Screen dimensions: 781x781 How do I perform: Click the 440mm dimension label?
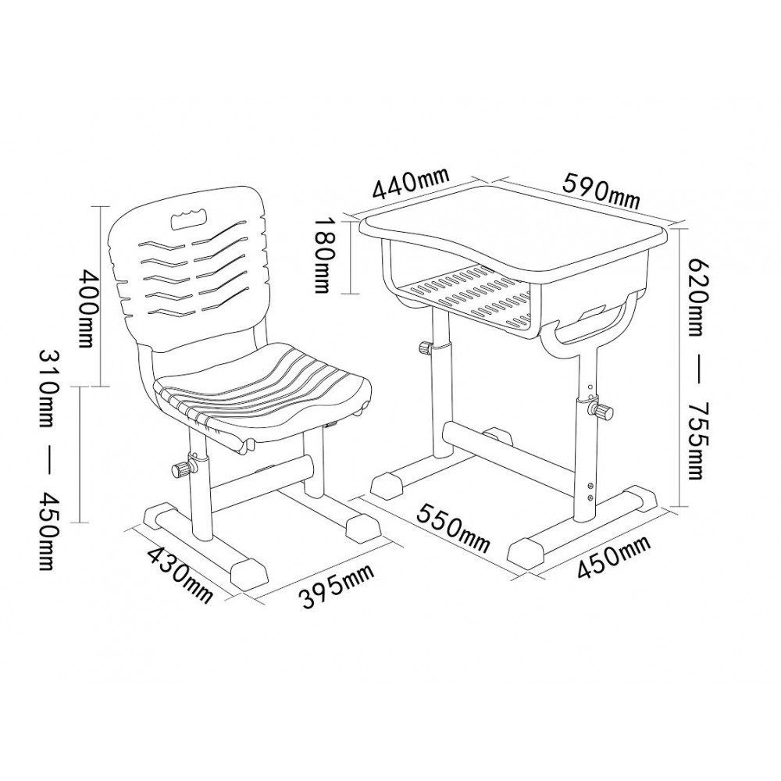coord(412,183)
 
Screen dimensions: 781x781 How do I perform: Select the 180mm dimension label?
coord(324,254)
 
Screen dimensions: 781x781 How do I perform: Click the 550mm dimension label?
coord(454,527)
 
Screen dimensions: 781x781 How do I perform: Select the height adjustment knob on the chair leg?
coord(182,469)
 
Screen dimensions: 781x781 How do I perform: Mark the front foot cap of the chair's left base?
coord(249,573)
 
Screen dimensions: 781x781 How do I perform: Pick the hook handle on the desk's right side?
coord(593,319)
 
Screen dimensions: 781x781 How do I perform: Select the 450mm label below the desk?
coord(614,557)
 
